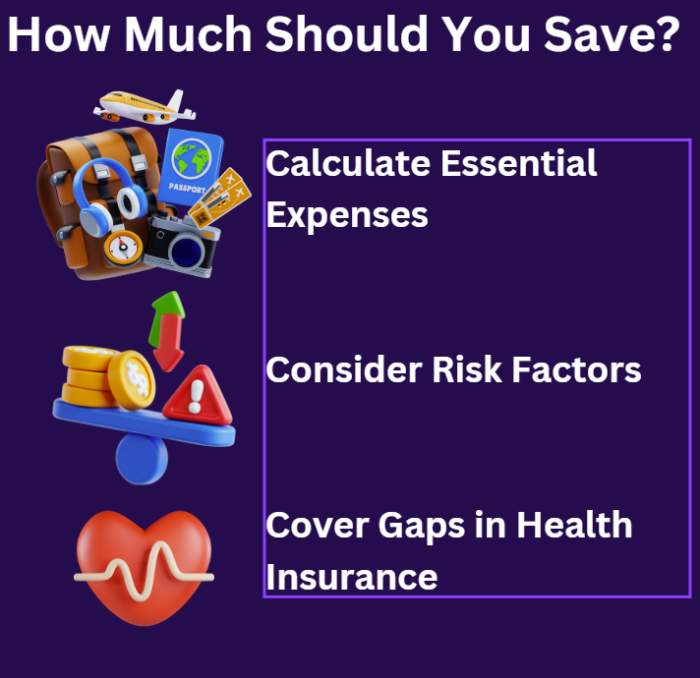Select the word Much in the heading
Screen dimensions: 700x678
188,34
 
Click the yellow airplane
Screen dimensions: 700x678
145,106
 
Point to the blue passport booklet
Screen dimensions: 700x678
191,168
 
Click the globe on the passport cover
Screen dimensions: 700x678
192,157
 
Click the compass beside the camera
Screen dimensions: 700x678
123,248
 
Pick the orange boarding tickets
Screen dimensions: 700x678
219,198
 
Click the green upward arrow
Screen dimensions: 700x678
166,316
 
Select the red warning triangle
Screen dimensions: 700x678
198,397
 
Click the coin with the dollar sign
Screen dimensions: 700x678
132,379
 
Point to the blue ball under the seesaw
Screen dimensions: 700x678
142,460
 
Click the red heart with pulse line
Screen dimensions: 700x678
144,567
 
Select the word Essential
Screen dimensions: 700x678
519,163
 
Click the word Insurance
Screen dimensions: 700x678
352,577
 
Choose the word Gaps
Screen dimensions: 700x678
422,526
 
